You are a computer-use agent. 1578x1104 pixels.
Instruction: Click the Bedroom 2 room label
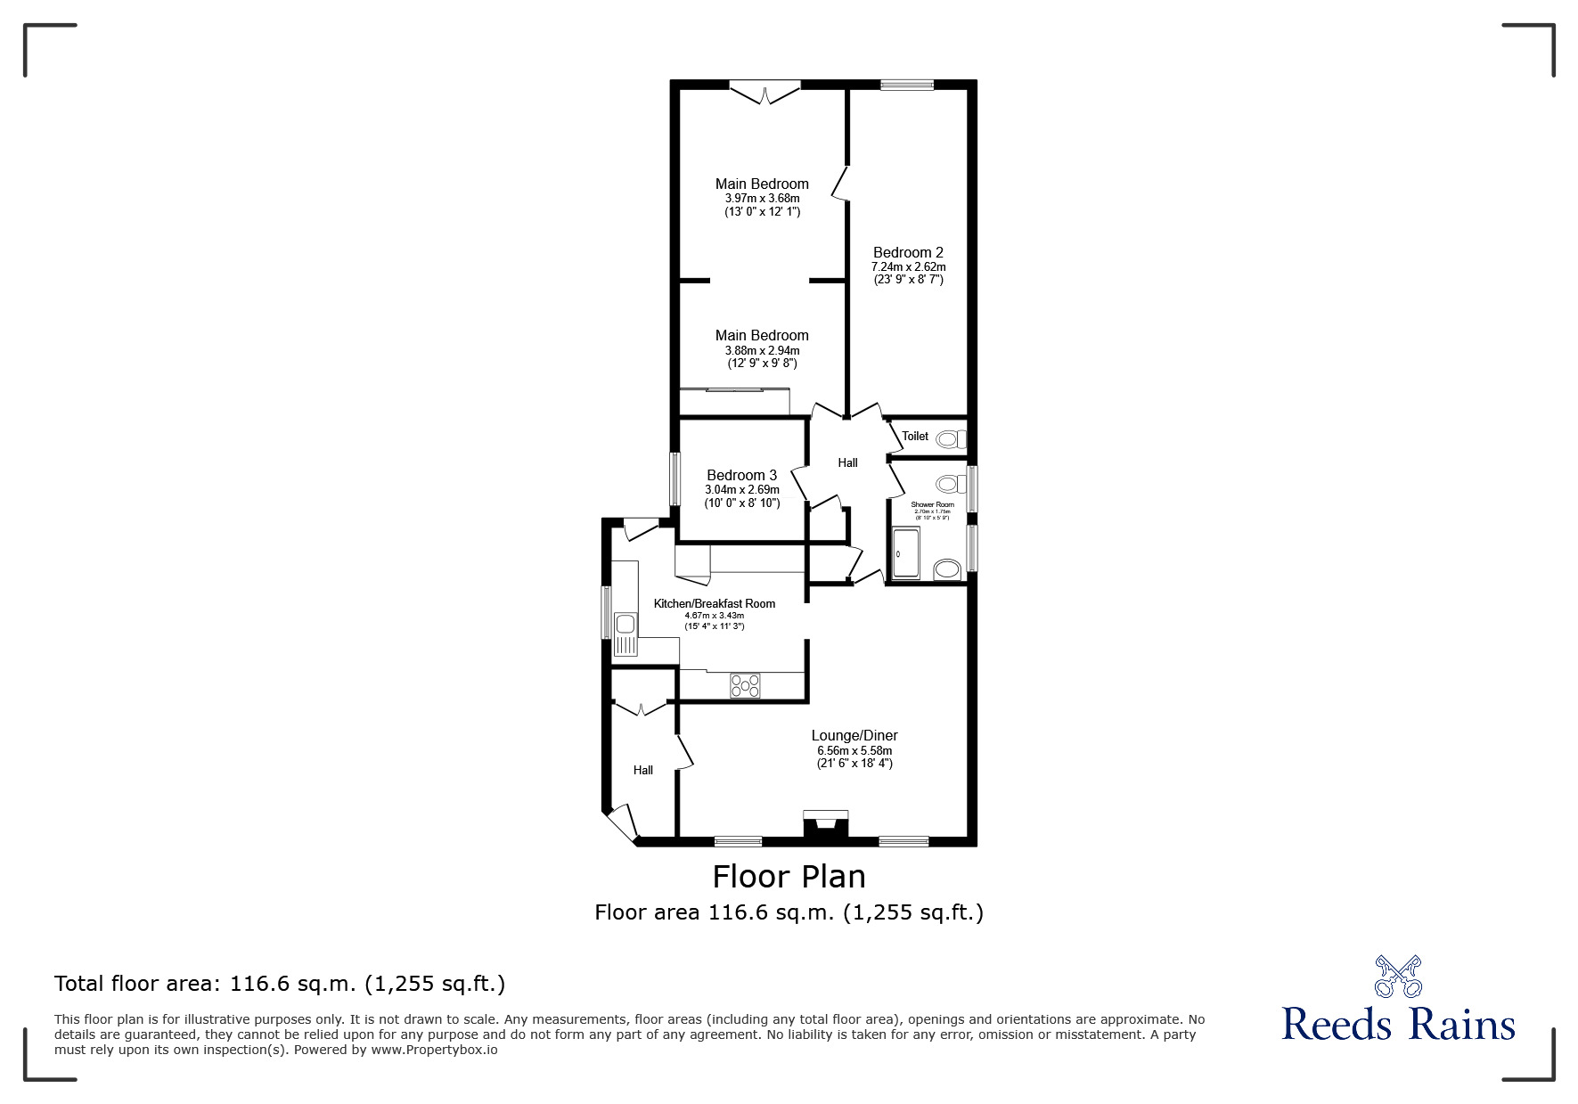908,253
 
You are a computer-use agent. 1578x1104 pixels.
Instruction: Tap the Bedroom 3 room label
741,476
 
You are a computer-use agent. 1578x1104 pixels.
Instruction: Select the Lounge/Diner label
854,736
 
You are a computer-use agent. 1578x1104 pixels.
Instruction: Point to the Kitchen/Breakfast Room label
714,604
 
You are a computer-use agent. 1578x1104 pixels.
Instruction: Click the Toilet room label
915,437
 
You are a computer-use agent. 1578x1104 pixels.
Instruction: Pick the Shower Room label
932,505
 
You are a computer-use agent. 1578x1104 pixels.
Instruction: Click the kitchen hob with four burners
745,685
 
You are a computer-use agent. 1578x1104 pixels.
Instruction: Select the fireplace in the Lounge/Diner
826,825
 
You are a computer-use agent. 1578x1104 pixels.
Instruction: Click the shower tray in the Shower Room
906,553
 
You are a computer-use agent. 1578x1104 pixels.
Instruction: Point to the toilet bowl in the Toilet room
950,438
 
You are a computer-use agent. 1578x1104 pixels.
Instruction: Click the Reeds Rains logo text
1398,1025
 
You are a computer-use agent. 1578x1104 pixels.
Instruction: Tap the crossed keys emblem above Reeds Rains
1398,976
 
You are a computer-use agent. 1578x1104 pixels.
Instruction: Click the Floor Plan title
789,877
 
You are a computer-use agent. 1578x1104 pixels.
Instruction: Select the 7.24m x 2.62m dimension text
908,267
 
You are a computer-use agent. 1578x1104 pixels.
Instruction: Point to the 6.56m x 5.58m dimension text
854,751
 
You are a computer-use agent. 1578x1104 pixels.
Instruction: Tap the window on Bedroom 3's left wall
675,480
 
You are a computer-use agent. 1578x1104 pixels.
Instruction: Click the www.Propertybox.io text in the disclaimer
434,1050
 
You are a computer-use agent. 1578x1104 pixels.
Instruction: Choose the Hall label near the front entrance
642,771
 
